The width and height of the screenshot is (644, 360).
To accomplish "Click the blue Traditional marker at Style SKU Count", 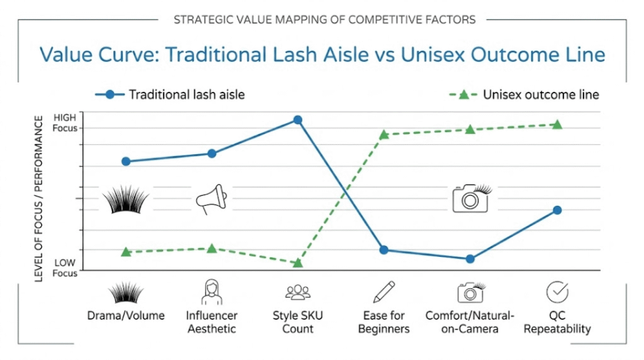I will (x=297, y=120).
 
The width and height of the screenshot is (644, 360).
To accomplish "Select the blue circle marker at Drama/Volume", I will (x=126, y=161).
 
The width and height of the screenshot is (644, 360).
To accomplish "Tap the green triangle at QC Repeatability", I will (x=557, y=125).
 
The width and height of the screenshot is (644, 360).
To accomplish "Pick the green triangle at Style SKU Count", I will (x=297, y=262).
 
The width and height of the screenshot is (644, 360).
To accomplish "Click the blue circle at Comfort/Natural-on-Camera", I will (x=470, y=259).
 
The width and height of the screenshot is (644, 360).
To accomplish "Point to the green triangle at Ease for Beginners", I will (x=384, y=134).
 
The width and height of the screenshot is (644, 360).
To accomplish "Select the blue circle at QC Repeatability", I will (x=557, y=210).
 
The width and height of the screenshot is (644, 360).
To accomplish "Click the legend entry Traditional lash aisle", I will (x=186, y=95).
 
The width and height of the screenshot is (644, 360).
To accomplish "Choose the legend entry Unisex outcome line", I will (x=540, y=95).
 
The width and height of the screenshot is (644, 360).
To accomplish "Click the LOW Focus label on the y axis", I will (x=64, y=267).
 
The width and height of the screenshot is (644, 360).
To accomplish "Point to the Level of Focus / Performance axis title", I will (x=39, y=198).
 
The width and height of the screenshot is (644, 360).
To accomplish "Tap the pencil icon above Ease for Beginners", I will (x=384, y=292).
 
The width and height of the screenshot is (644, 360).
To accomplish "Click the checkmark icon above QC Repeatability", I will (x=557, y=292).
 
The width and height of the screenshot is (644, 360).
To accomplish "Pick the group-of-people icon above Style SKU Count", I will (x=297, y=293).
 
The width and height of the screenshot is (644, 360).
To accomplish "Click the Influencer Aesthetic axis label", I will (x=211, y=322).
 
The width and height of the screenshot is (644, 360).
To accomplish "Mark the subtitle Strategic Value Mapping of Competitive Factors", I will (x=322, y=20).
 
